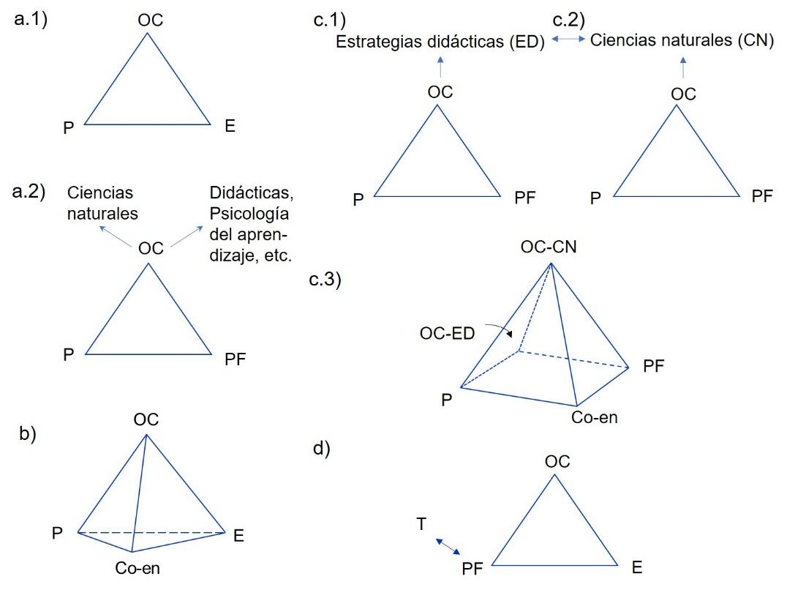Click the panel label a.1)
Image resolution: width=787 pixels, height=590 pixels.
point(31,19)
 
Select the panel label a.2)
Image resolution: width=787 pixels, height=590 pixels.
point(29,191)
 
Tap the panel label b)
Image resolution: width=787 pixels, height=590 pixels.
point(28,433)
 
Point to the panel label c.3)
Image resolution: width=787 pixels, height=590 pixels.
point(325,279)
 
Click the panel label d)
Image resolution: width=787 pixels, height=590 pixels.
point(322,448)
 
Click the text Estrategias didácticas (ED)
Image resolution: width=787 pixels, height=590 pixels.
point(440,42)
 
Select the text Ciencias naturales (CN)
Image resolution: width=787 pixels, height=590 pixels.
point(682,40)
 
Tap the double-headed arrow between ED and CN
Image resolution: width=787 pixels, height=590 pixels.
point(568,39)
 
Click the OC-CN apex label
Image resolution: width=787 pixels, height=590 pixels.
point(549,247)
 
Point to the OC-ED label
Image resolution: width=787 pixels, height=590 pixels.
point(447,333)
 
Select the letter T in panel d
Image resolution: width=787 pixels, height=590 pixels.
point(421,523)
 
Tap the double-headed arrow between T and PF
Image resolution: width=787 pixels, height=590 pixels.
point(448,546)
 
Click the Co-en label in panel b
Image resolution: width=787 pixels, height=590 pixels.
point(138,568)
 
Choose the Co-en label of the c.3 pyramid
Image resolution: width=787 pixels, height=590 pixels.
point(594,417)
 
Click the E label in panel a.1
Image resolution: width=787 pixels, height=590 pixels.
point(230,125)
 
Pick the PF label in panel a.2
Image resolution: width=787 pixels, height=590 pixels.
point(235,359)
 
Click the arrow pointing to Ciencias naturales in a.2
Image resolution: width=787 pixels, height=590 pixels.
point(115,236)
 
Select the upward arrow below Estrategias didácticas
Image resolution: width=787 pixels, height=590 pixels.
point(440,67)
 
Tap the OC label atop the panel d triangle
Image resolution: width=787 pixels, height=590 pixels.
point(557,461)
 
